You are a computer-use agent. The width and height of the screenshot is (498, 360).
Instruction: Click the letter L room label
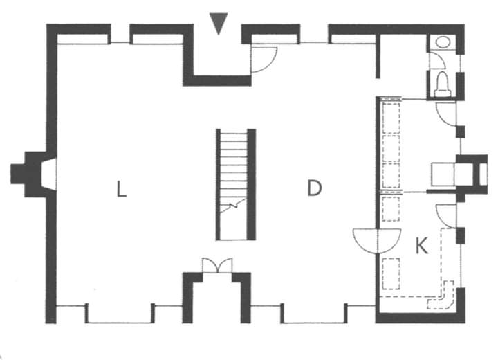click(x=121, y=188)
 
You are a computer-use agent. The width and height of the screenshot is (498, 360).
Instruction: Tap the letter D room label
click(x=315, y=188)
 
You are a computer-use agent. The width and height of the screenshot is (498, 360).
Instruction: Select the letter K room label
click(x=421, y=246)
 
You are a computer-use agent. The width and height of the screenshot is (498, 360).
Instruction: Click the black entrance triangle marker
click(x=219, y=25)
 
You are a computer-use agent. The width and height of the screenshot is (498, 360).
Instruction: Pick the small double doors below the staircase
click(x=216, y=265)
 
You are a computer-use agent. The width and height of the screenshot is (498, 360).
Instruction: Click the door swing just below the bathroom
click(x=446, y=112)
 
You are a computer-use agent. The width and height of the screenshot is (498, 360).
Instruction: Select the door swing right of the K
click(x=445, y=213)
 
